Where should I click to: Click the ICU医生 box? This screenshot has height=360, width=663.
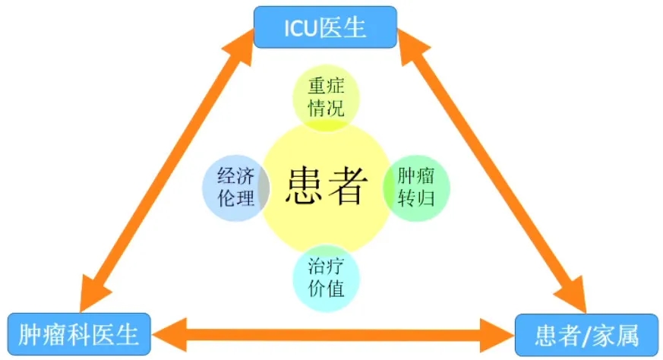pyautogui.click(x=325, y=27)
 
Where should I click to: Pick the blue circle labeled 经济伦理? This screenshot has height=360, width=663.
pyautogui.click(x=235, y=188)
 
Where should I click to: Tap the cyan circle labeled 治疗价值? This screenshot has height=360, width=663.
pyautogui.click(x=326, y=278)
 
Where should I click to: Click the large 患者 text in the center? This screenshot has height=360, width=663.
pyautogui.click(x=327, y=186)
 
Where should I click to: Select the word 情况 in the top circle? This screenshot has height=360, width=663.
pyautogui.click(x=326, y=108)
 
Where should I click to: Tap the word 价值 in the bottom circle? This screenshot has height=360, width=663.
pyautogui.click(x=326, y=289)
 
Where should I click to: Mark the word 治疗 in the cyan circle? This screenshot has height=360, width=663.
pyautogui.click(x=326, y=267)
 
